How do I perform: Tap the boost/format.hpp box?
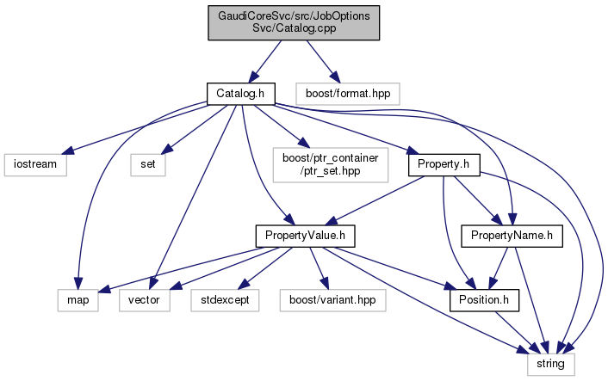pyautogui.click(x=347, y=91)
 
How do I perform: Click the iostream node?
pyautogui.click(x=34, y=164)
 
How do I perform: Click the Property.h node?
pyautogui.click(x=443, y=164)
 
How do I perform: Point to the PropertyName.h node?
pyautogui.click(x=512, y=235)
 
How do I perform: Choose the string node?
pyautogui.click(x=550, y=365)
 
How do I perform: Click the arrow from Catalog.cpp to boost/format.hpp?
pyautogui.click(x=320, y=60)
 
